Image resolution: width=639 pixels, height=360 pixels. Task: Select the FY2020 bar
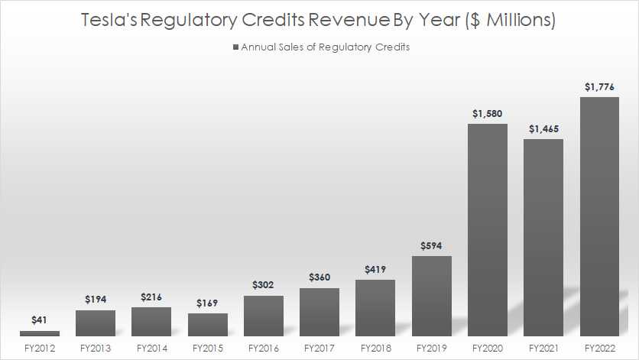point(487,230)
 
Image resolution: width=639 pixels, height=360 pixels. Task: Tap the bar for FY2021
point(543,238)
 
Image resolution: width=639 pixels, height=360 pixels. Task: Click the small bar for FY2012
point(39,333)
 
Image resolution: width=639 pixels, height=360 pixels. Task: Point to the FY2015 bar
point(207,325)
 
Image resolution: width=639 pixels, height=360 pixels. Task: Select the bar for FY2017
point(319,312)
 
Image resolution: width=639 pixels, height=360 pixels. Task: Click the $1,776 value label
point(598,86)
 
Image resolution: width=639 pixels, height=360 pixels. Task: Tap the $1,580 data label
point(487,113)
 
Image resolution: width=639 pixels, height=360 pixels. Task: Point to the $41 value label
point(39,320)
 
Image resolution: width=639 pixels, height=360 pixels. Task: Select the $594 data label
point(431,245)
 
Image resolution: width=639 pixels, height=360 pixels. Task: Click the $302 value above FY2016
point(263,285)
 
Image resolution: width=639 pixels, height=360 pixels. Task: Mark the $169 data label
point(207,303)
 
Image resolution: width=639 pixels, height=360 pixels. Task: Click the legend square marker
point(236,47)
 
